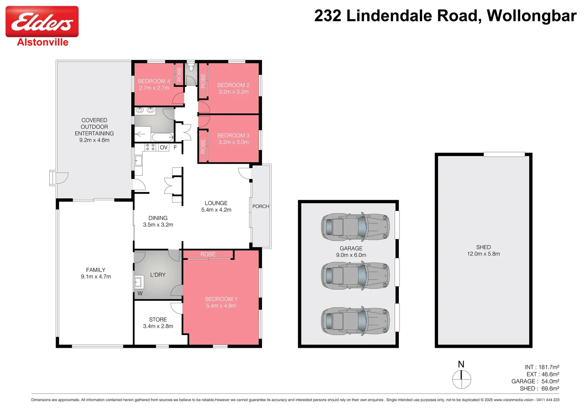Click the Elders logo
[x=42, y=22]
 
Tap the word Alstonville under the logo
[x=43, y=42]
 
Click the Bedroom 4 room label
[x=154, y=81]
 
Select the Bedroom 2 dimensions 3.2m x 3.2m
[x=234, y=92]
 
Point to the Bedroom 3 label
[x=233, y=135]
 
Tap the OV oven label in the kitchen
[x=164, y=147]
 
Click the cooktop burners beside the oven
[x=150, y=147]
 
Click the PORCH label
[x=260, y=206]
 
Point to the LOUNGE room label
[x=216, y=203]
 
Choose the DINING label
[x=158, y=218]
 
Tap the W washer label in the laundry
[x=140, y=293]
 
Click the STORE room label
[x=158, y=319]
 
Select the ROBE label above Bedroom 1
[x=208, y=254]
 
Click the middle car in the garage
[x=355, y=275]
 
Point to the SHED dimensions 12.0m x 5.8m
[x=483, y=254]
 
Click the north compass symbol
[x=461, y=379]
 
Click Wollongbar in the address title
[x=531, y=16]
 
